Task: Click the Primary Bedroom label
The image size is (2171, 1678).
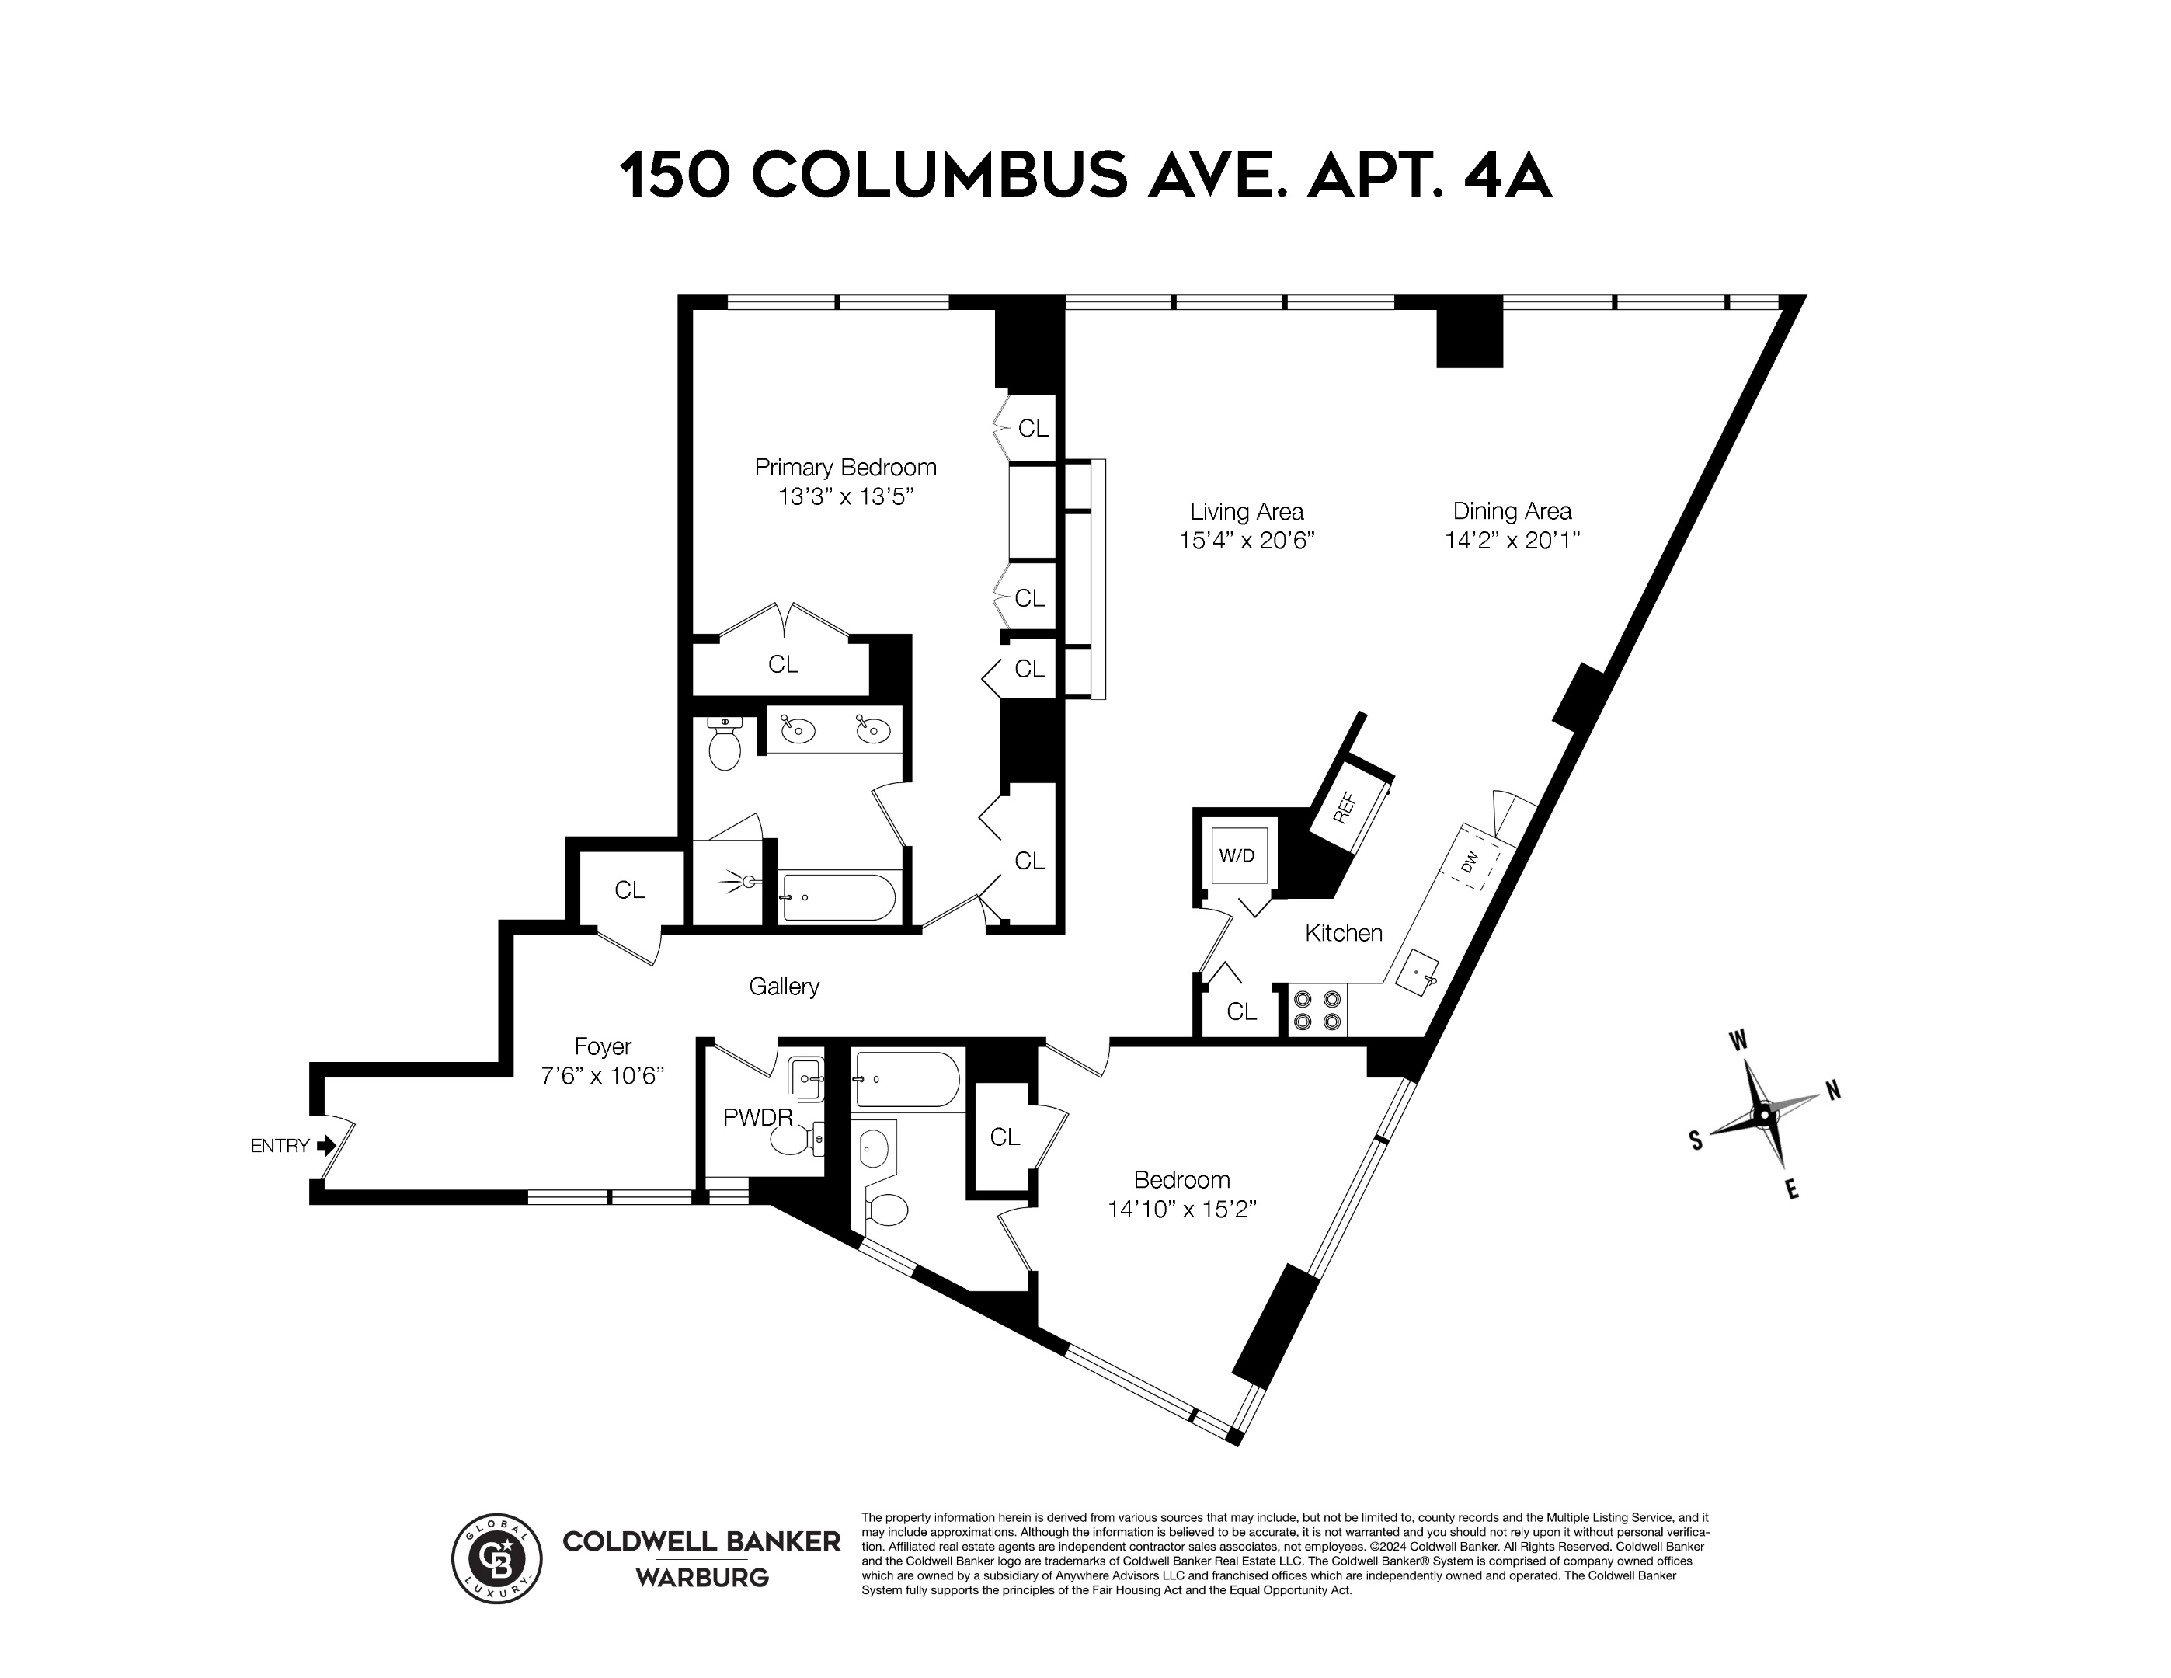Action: pos(845,467)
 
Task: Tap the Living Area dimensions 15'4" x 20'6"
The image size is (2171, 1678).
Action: pos(1247,541)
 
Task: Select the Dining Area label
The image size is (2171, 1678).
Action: pos(1512,511)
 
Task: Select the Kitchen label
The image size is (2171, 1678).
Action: pos(1343,932)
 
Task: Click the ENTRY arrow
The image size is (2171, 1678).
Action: pos(326,1146)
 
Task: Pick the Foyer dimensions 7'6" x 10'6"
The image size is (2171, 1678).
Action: pos(603,1076)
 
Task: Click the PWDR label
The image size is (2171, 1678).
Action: pos(757,1117)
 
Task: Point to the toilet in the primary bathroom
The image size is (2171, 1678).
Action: pos(725,746)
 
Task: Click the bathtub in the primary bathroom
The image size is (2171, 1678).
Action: pos(838,897)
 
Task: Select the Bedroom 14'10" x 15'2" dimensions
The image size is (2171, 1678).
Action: pos(1182,1210)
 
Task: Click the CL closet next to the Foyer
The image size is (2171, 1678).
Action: pos(628,889)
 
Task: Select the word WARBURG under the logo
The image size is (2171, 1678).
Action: pos(702,1578)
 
